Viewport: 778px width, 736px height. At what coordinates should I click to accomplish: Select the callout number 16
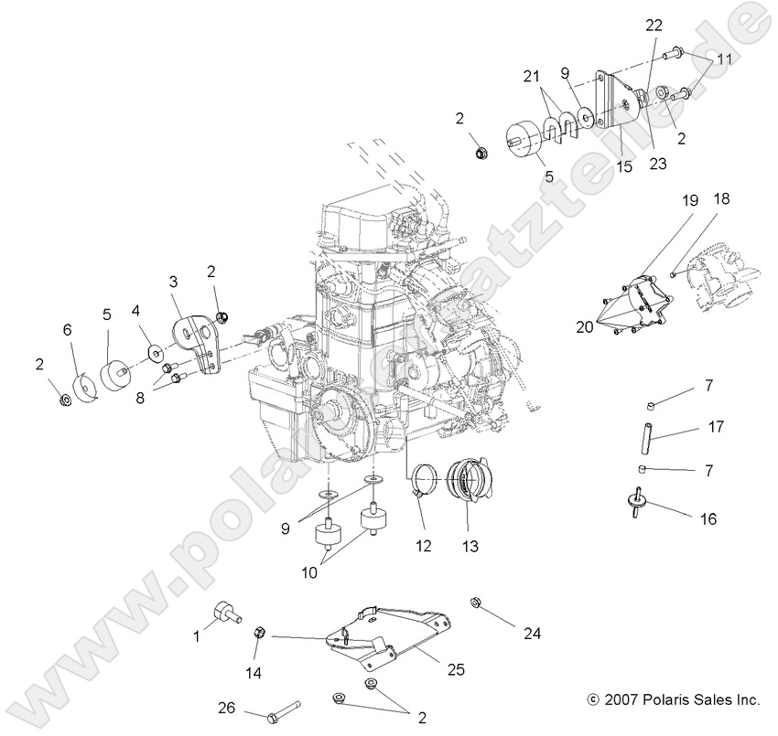(x=708, y=518)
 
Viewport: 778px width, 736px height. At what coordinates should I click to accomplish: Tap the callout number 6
(x=67, y=328)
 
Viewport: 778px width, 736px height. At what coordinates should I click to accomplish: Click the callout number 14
(x=254, y=673)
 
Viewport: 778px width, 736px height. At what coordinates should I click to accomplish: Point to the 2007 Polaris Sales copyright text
(x=674, y=699)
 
